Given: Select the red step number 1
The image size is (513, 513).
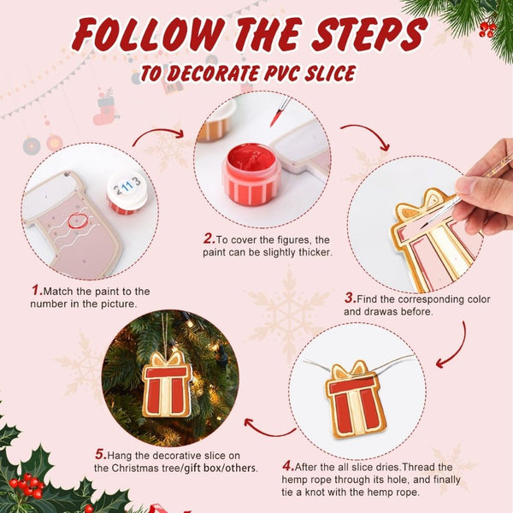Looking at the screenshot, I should click(x=37, y=291).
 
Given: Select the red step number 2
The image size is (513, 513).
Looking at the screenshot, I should click(x=208, y=239).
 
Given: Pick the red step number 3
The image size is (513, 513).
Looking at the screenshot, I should click(x=350, y=298).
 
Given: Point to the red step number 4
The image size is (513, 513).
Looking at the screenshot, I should click(x=288, y=466).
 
